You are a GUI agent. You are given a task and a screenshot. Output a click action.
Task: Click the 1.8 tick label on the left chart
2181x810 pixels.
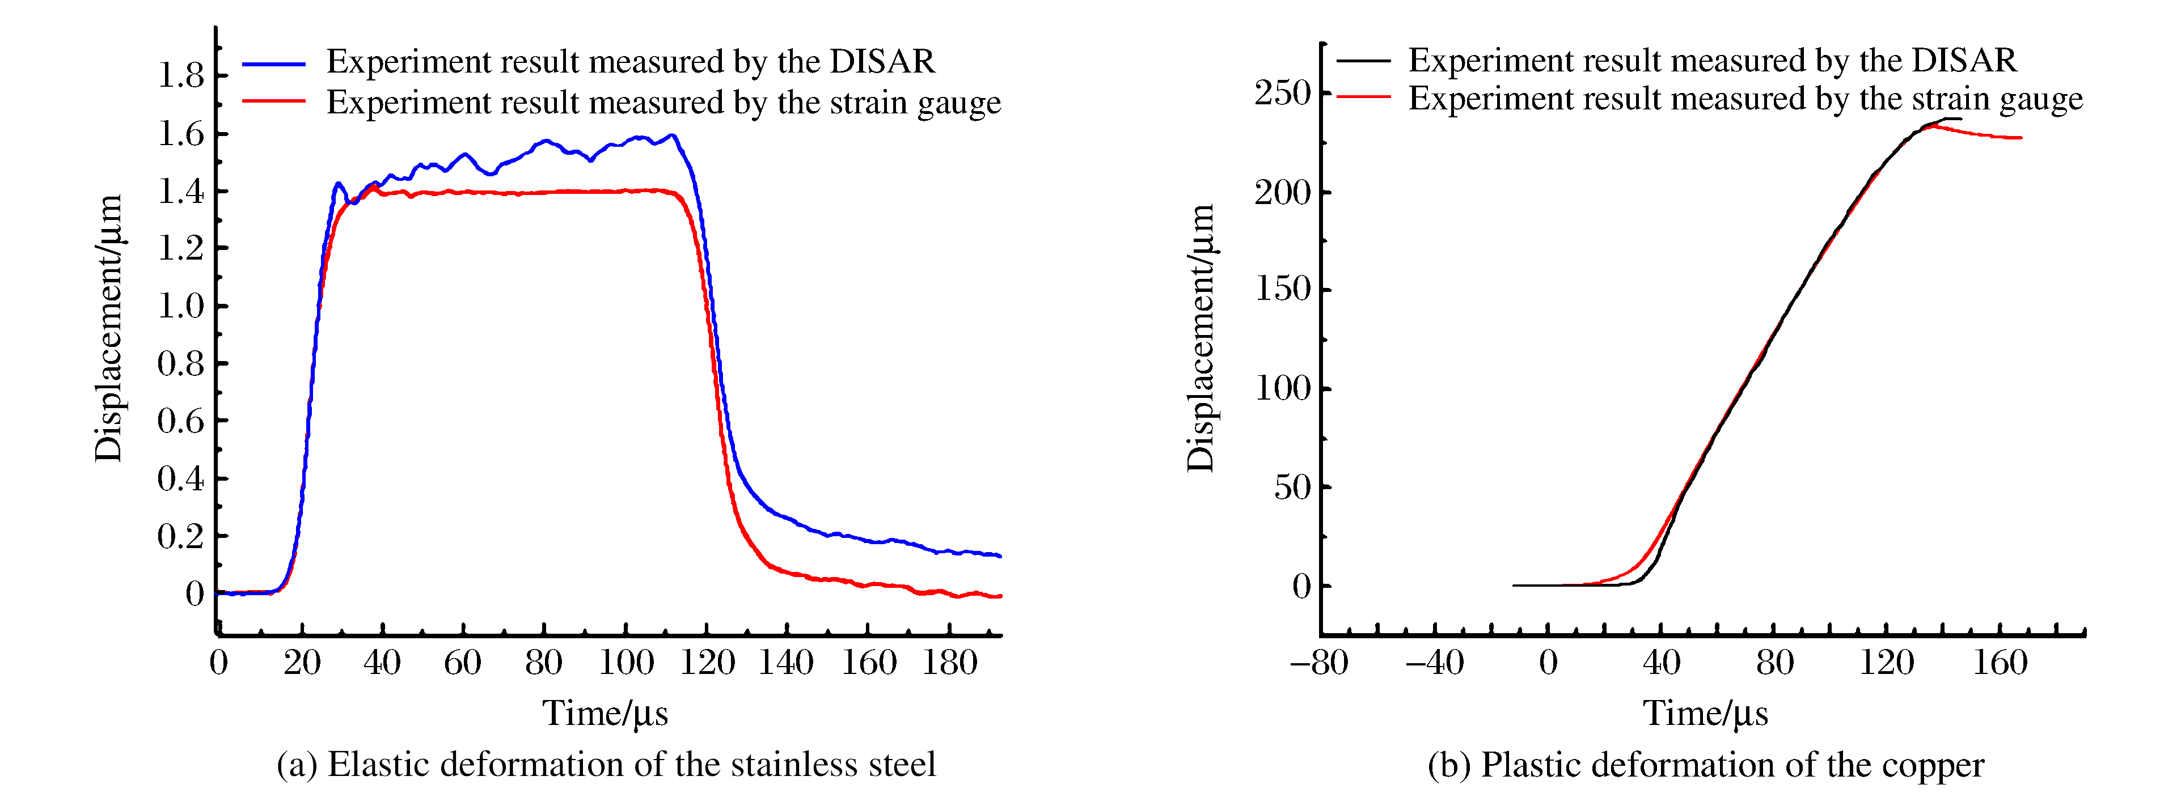(x=181, y=75)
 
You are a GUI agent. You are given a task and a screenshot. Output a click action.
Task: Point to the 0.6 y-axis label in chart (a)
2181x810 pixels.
(x=181, y=421)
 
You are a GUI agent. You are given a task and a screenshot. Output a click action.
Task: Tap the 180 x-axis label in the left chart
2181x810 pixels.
(x=949, y=663)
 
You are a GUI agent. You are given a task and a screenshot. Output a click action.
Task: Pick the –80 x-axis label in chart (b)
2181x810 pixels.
(x=1319, y=663)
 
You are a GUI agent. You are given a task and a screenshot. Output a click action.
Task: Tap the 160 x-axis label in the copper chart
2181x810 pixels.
(x=2000, y=663)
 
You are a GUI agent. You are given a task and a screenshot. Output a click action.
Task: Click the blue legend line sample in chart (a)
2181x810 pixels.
(x=273, y=63)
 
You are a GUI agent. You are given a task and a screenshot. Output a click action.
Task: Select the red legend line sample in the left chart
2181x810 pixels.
(x=273, y=101)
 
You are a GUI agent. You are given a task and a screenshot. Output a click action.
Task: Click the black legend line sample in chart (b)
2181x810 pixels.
(x=1363, y=61)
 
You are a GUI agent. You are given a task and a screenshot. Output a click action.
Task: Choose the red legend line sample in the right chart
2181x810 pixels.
(x=1363, y=97)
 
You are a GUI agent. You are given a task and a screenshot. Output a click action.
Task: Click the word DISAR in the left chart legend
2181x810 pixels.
(x=882, y=62)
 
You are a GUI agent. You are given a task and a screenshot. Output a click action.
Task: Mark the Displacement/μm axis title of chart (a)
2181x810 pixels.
(x=108, y=328)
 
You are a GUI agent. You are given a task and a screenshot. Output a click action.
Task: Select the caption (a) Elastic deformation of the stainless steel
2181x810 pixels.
(x=606, y=764)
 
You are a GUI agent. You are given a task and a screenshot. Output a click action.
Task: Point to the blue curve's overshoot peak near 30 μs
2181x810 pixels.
(x=338, y=183)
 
